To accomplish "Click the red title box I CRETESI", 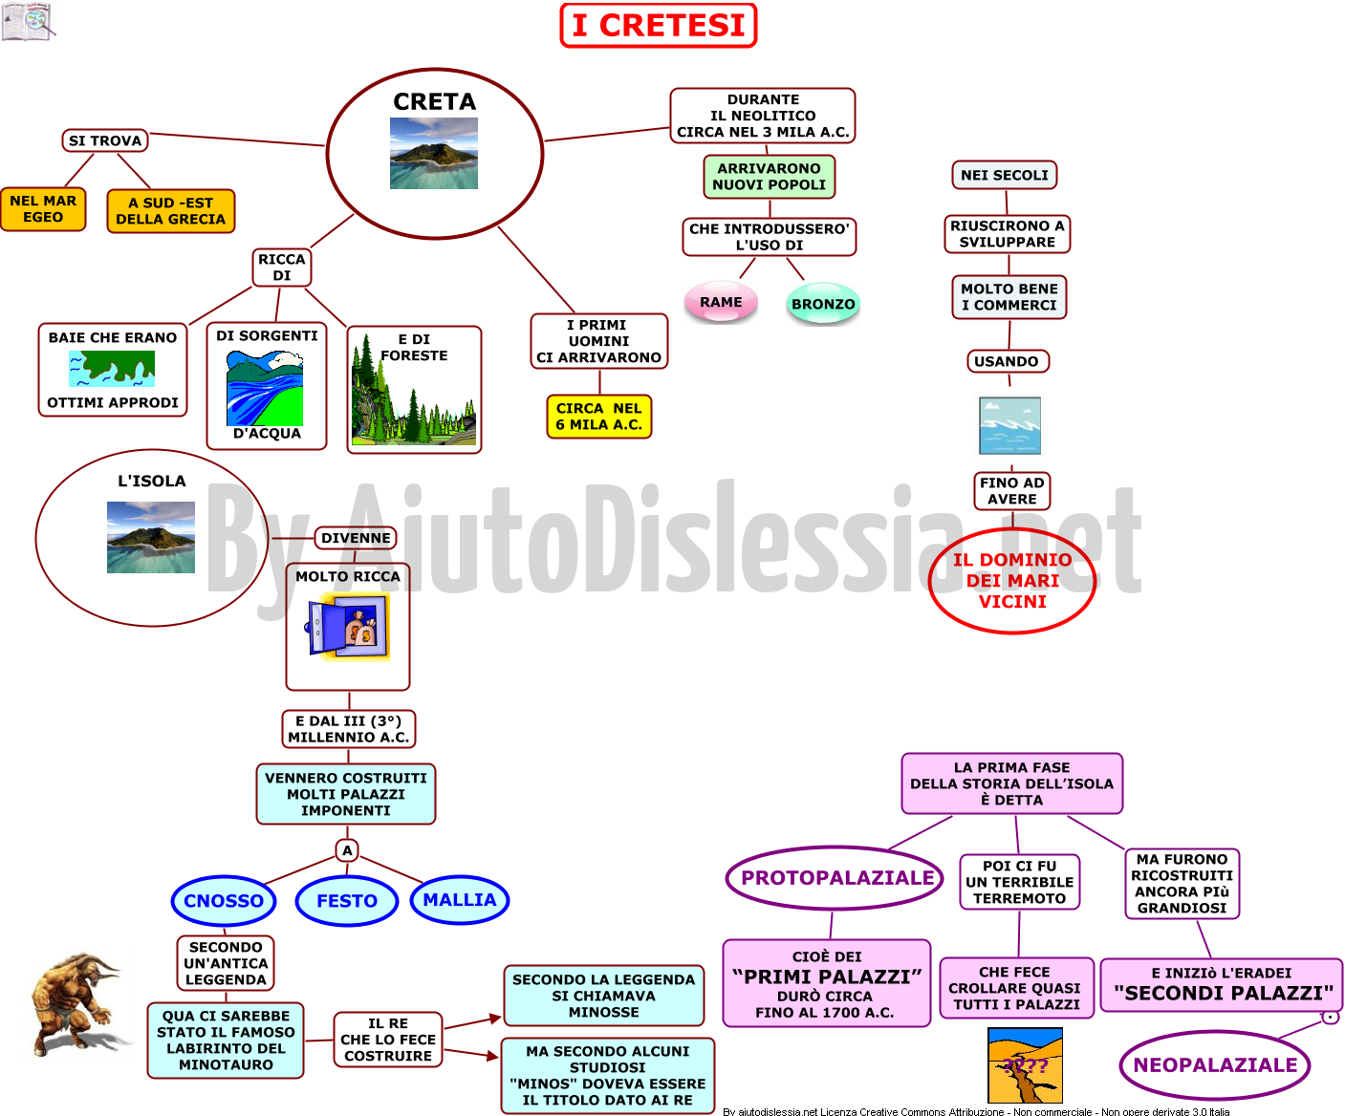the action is tap(658, 26).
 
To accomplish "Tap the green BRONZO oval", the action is tap(823, 303).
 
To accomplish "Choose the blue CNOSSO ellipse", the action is tap(224, 900).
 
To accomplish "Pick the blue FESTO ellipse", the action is tap(347, 900).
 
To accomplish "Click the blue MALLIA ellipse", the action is tap(459, 899).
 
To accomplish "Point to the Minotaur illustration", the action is tap(77, 1004).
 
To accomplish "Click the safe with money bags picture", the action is tap(347, 628).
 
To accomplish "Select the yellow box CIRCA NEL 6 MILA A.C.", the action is tap(599, 417).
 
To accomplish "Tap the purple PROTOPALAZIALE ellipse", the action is tap(835, 877).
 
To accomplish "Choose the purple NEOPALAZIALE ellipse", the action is tap(1215, 1064).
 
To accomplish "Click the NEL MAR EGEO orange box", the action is tap(43, 208).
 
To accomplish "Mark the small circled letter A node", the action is tap(347, 850).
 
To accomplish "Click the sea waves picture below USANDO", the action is tap(1009, 425).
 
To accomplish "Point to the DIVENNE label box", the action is tap(356, 538).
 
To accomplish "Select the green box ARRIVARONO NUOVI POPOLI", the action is tap(770, 177).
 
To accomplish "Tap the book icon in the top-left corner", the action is tap(29, 22).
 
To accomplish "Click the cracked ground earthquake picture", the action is tap(1025, 1065).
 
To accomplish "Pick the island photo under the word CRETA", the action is tap(434, 153).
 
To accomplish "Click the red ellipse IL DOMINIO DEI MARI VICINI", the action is tap(1012, 580).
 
